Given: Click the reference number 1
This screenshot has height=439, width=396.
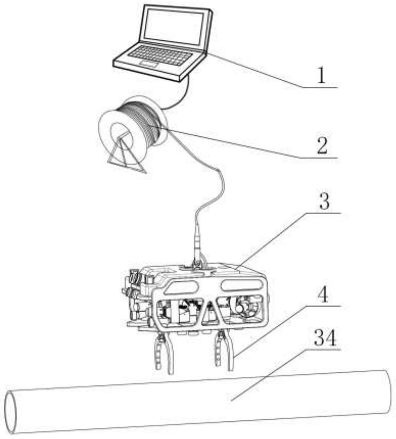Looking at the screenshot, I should point(321,76).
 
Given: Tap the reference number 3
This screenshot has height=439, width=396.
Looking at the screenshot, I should point(324,202).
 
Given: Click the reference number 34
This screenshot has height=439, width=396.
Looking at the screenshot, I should point(325,339).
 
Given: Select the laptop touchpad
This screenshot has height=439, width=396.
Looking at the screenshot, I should point(149,64).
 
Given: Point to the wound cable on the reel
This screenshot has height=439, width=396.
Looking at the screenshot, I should point(144,122).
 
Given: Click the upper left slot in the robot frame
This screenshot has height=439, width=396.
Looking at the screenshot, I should point(183,287).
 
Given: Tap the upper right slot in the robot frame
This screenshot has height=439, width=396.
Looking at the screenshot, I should point(241,285).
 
